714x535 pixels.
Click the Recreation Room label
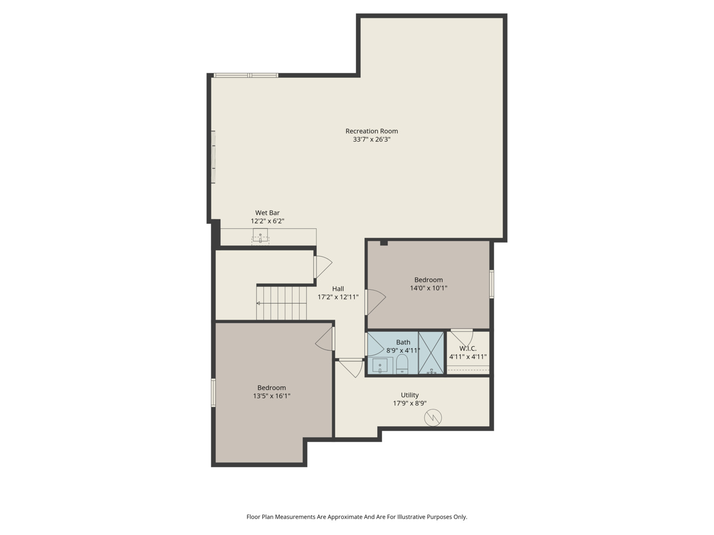371,131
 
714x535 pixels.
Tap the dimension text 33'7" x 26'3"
371,140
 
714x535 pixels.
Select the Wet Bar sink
260,236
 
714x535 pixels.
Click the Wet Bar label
267,213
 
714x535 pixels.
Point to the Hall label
338,289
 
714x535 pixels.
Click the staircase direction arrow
258,303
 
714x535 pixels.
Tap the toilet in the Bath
402,364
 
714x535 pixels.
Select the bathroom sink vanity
382,366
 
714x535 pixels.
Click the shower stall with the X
431,353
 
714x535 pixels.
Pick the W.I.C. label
468,349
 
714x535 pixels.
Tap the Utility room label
410,395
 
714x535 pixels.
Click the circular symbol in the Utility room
433,418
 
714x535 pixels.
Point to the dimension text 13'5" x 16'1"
271,396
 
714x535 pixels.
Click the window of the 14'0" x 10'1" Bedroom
491,284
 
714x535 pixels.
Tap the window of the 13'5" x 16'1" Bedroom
213,393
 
